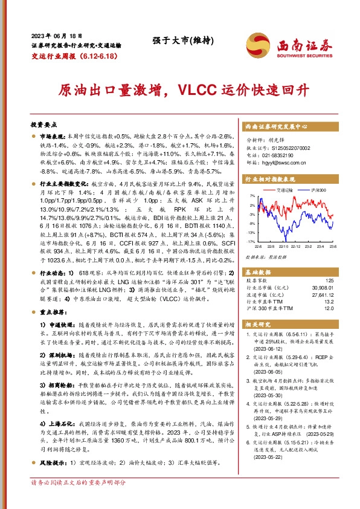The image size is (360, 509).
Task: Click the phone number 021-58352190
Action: [279, 155]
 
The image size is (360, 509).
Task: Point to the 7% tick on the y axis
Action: [251, 196]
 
